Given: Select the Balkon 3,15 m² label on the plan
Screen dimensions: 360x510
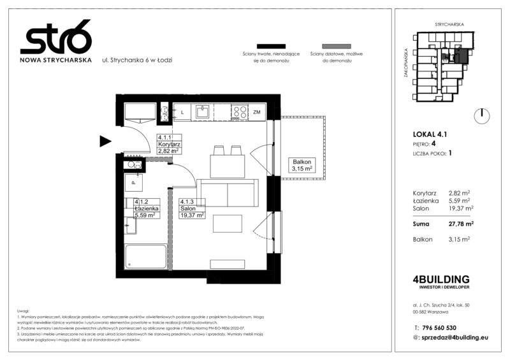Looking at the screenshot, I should pyautogui.click(x=302, y=165).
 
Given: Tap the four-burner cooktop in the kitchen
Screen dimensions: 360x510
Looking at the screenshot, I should pyautogui.click(x=240, y=112).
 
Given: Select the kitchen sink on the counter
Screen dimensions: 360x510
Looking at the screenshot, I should pyautogui.click(x=203, y=112).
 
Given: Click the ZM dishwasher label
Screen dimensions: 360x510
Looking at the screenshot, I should pyautogui.click(x=257, y=113).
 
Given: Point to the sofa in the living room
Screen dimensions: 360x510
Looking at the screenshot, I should pyautogui.click(x=227, y=191).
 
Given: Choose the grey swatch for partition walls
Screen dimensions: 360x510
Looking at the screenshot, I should pyautogui.click(x=336, y=46).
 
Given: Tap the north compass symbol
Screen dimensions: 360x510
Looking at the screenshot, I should pyautogui.click(x=483, y=115).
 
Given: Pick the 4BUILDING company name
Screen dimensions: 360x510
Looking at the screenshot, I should pyautogui.click(x=441, y=279).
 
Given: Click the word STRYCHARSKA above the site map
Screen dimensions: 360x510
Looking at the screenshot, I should pyautogui.click(x=449, y=24).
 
